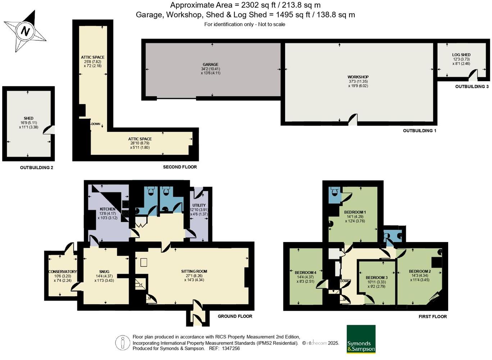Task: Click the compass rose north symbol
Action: tap(25, 31)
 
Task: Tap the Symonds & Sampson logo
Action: tap(361, 339)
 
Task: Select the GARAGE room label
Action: tap(210, 65)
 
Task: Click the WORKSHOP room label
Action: tap(358, 77)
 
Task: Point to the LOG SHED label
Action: tap(461, 55)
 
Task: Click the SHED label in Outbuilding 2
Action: tap(28, 118)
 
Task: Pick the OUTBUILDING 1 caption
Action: tap(419, 131)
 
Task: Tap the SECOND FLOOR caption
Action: tap(180, 167)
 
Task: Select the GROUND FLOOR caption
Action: tap(235, 316)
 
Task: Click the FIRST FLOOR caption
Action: tap(433, 316)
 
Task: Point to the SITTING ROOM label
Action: tap(194, 272)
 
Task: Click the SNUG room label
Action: tap(104, 272)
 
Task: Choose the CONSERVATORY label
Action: tap(63, 272)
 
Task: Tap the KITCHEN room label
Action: tap(108, 209)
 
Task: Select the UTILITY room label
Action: tap(199, 205)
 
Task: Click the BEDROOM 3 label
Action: tap(377, 278)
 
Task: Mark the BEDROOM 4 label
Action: tap(305, 273)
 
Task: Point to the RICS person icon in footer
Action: tap(123, 343)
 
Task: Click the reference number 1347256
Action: tap(231, 348)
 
